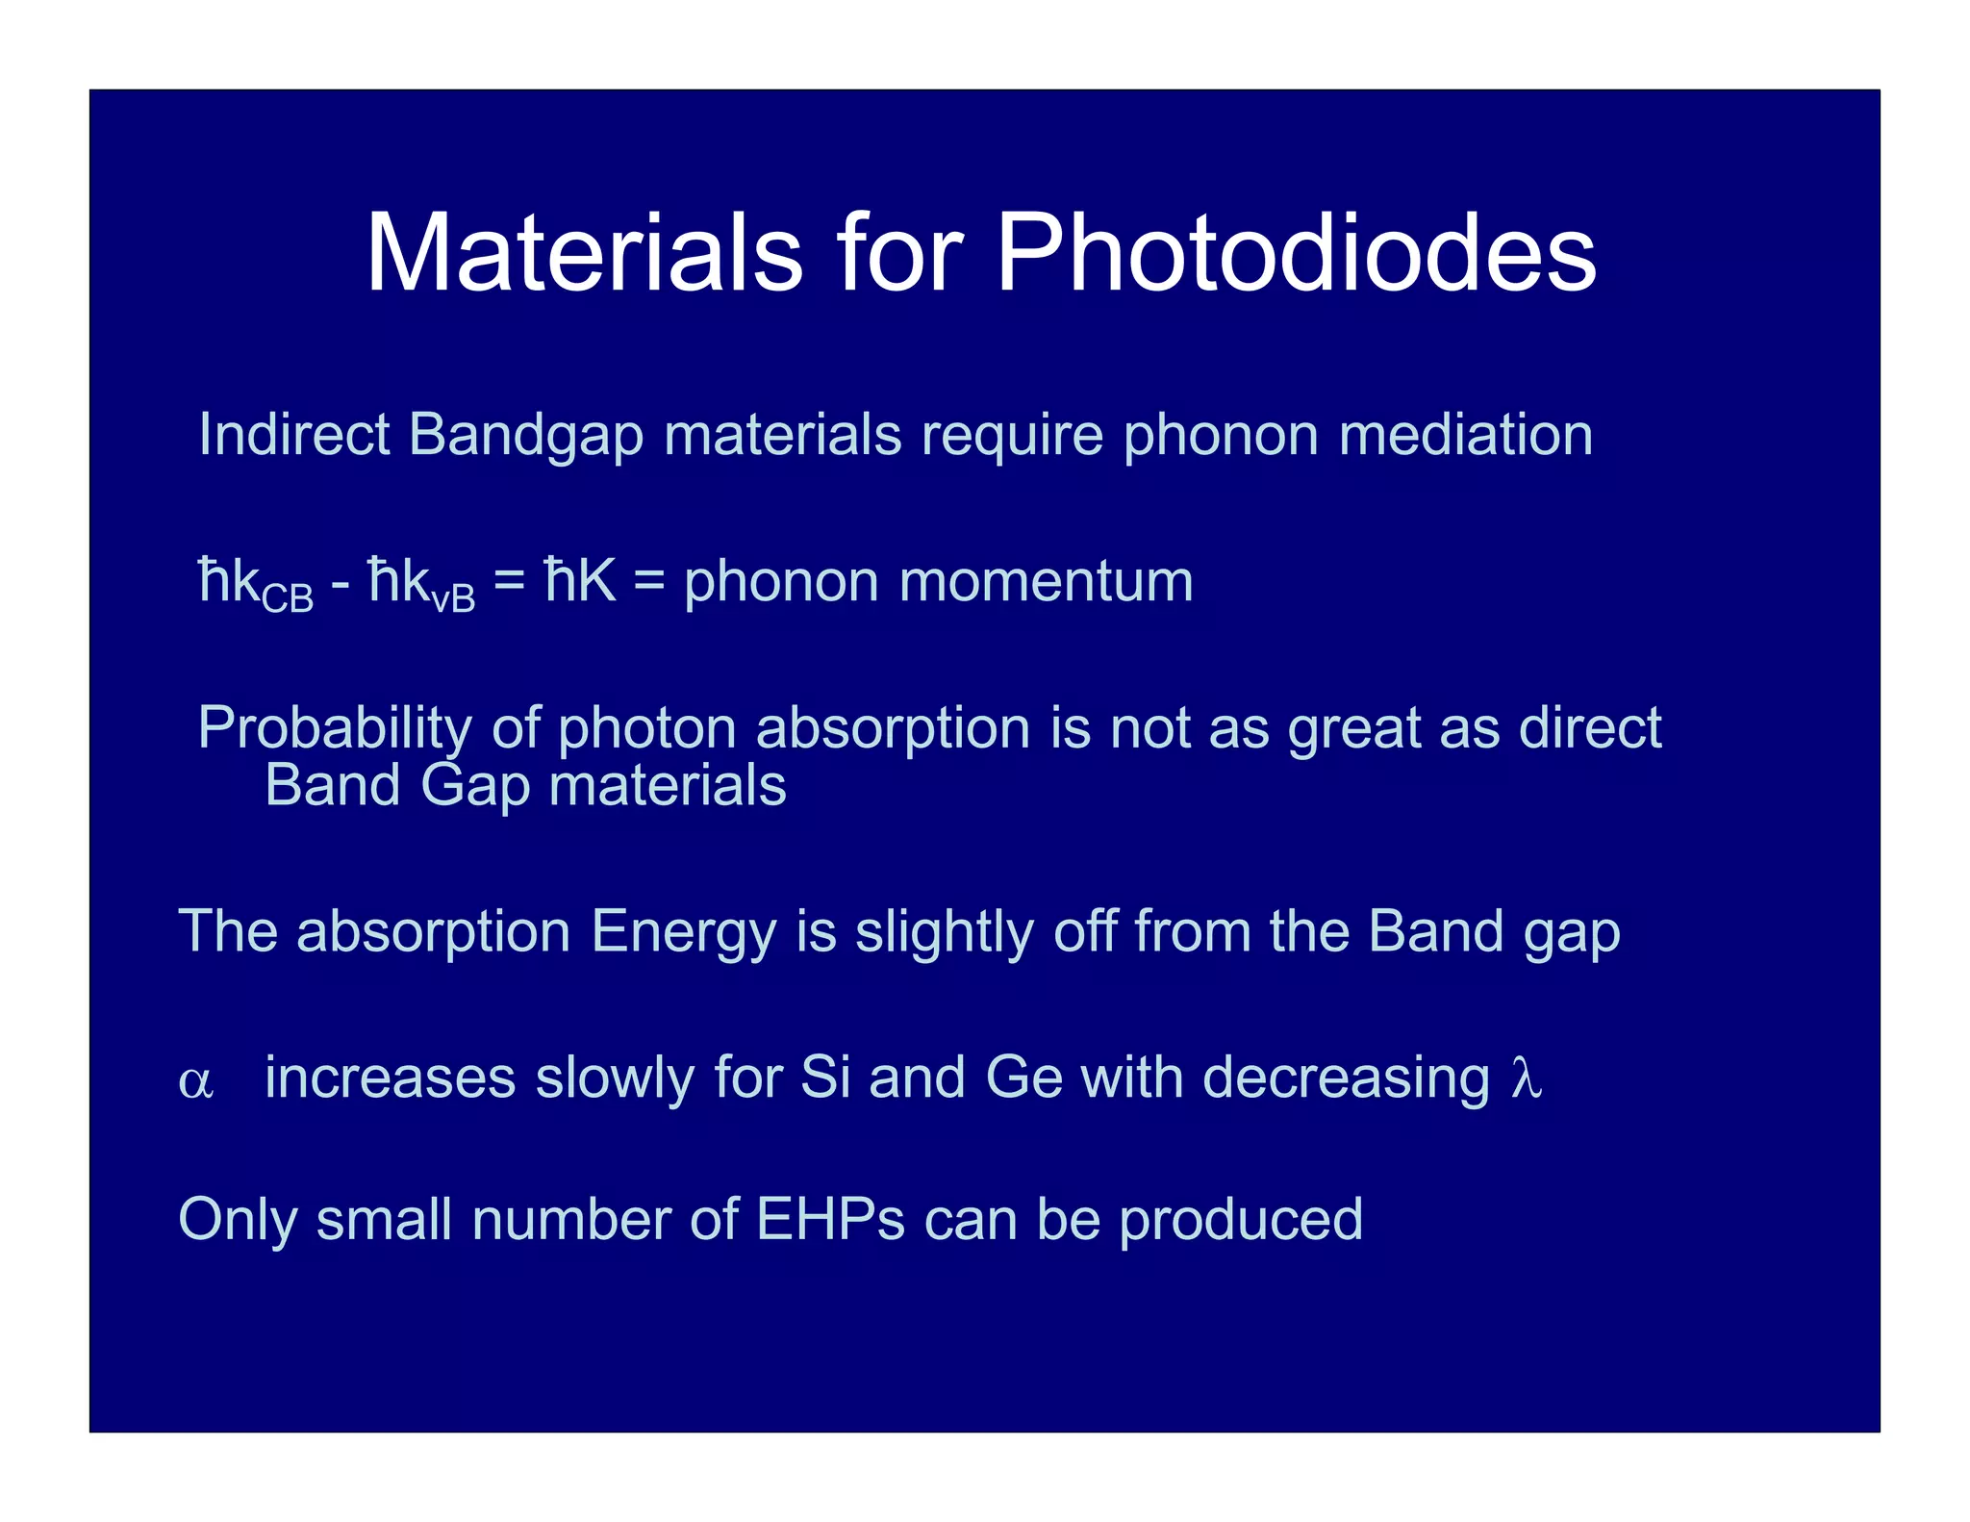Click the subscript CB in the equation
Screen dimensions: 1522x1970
tap(288, 599)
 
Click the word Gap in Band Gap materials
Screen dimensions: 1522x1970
tap(475, 786)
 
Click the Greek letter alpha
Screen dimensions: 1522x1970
tap(195, 1081)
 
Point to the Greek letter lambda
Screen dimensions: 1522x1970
tap(1527, 1078)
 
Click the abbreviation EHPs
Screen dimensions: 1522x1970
tap(830, 1219)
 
